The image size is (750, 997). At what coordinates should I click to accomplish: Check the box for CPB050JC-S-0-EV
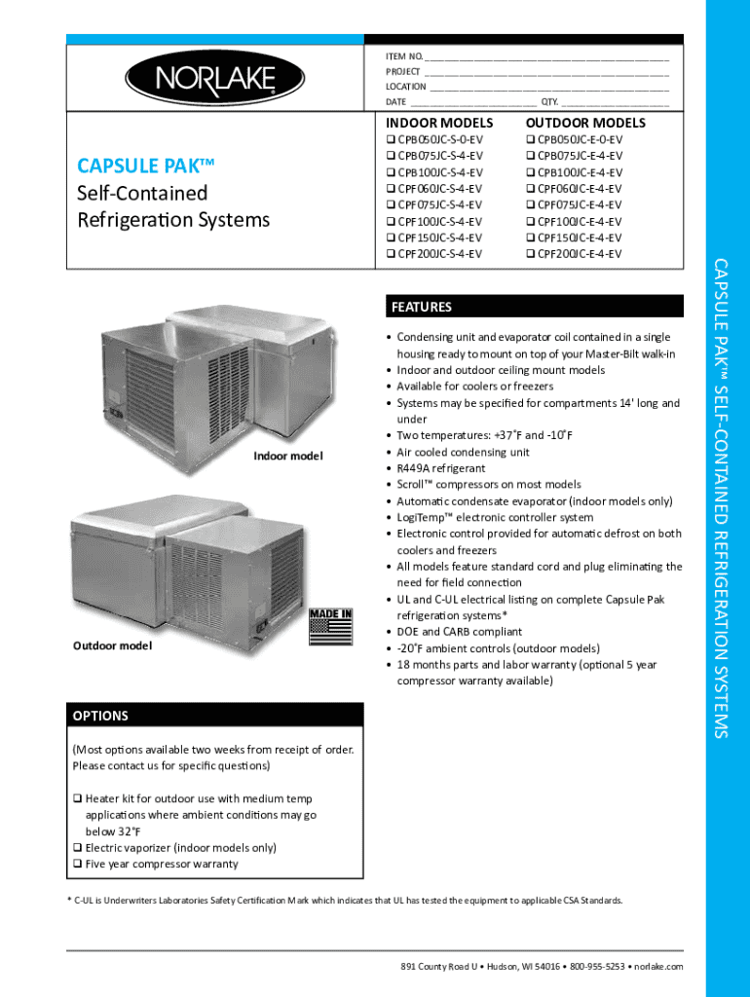tap(391, 140)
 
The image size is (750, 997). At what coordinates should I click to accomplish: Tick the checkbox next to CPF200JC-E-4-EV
tap(530, 254)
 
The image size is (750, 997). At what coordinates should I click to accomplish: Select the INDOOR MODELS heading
tap(439, 123)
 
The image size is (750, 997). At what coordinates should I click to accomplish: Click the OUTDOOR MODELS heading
tap(585, 123)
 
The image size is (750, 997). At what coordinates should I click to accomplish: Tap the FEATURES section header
tap(422, 307)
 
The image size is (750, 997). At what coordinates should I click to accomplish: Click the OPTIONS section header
tap(100, 716)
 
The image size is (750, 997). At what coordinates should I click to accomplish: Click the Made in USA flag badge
tap(330, 626)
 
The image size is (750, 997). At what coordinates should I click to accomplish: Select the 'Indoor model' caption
tap(288, 457)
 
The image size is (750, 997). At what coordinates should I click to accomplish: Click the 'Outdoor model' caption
tap(113, 646)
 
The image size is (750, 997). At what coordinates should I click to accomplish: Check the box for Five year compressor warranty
tap(77, 864)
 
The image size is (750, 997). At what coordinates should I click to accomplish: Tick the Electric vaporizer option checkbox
tap(77, 847)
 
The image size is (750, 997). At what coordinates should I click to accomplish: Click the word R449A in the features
tap(415, 468)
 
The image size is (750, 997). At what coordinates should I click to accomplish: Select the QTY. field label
tap(549, 101)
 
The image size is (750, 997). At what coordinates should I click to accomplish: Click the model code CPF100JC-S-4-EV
tap(439, 221)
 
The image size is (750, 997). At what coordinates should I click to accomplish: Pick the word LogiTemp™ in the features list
tap(423, 517)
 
